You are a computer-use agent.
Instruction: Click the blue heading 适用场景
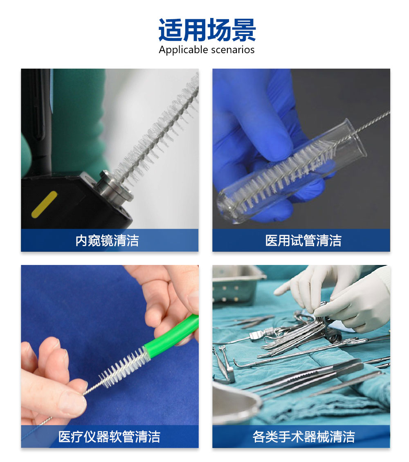207,30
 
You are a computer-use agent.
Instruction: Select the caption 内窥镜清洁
107,240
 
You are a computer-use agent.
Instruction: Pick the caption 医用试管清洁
303,240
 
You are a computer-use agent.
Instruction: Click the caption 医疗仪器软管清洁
109,437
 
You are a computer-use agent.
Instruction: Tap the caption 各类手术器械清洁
303,437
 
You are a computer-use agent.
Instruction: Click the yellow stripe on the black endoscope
44,204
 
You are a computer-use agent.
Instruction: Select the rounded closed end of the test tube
225,206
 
